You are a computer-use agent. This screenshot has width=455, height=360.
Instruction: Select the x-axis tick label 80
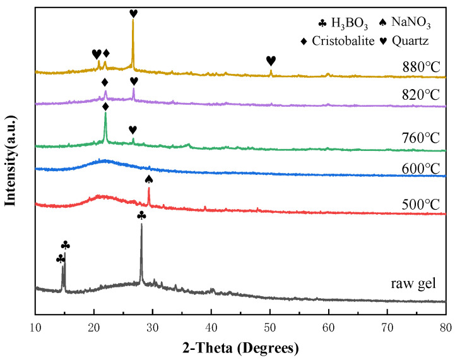pyautogui.click(x=446, y=327)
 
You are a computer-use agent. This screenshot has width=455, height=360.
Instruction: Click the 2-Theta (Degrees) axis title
pyautogui.click(x=241, y=347)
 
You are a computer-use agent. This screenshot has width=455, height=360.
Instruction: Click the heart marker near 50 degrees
pyautogui.click(x=271, y=61)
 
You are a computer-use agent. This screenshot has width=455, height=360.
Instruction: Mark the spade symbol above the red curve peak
pyautogui.click(x=149, y=179)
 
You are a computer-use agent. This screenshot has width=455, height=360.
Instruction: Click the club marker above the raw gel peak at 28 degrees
pyautogui.click(x=141, y=216)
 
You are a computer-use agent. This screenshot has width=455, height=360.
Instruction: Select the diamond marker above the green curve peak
pyautogui.click(x=105, y=107)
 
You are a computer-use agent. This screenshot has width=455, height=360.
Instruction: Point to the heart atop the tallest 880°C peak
pyautogui.click(x=133, y=13)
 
